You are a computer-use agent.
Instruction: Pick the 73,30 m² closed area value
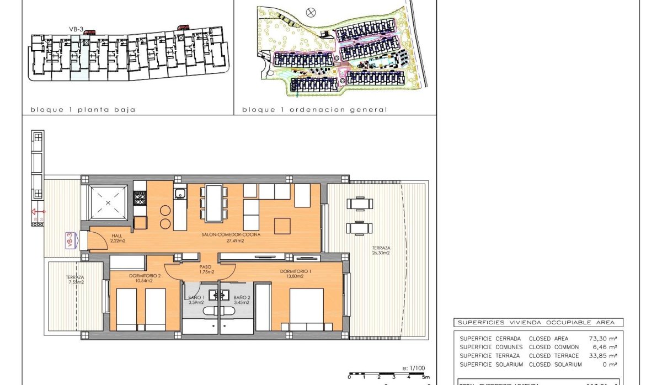tap(603, 339)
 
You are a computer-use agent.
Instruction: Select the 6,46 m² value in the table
tap(605, 347)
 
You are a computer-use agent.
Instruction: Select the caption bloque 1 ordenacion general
tap(314, 110)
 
